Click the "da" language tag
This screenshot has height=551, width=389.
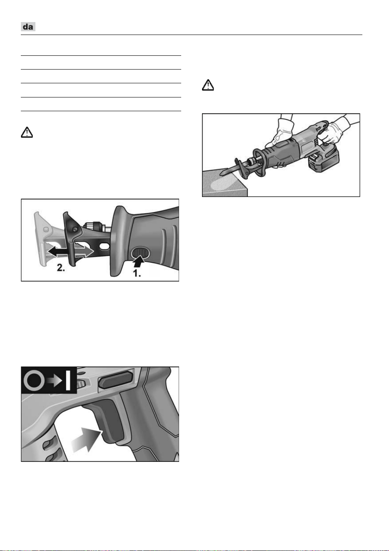tap(28, 27)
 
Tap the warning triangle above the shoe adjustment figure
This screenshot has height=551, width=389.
tap(27, 132)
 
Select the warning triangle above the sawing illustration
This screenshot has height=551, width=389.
tap(208, 85)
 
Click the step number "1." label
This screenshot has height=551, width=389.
tap(137, 273)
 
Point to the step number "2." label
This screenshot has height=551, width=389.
tap(61, 268)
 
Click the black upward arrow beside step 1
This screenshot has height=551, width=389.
tap(138, 261)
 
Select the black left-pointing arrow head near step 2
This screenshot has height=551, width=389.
tap(52, 252)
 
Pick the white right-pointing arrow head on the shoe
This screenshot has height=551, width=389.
tap(89, 252)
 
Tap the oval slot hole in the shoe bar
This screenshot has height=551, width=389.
tap(104, 246)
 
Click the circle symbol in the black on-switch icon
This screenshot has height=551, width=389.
tap(34, 381)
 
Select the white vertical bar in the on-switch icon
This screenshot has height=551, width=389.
tap(68, 381)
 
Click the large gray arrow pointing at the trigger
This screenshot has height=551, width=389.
tap(87, 440)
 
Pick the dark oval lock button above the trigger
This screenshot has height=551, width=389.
tap(116, 380)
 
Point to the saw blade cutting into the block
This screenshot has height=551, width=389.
tap(230, 169)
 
